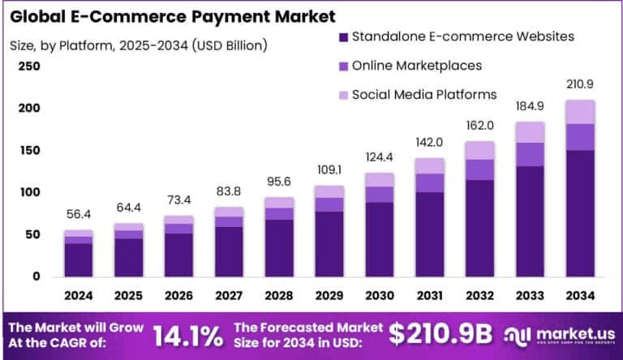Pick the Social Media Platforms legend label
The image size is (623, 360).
click(x=424, y=94)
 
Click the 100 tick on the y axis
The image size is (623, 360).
click(x=28, y=192)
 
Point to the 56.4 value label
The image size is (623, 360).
click(x=79, y=215)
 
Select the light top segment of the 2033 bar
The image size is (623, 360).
click(x=529, y=132)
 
